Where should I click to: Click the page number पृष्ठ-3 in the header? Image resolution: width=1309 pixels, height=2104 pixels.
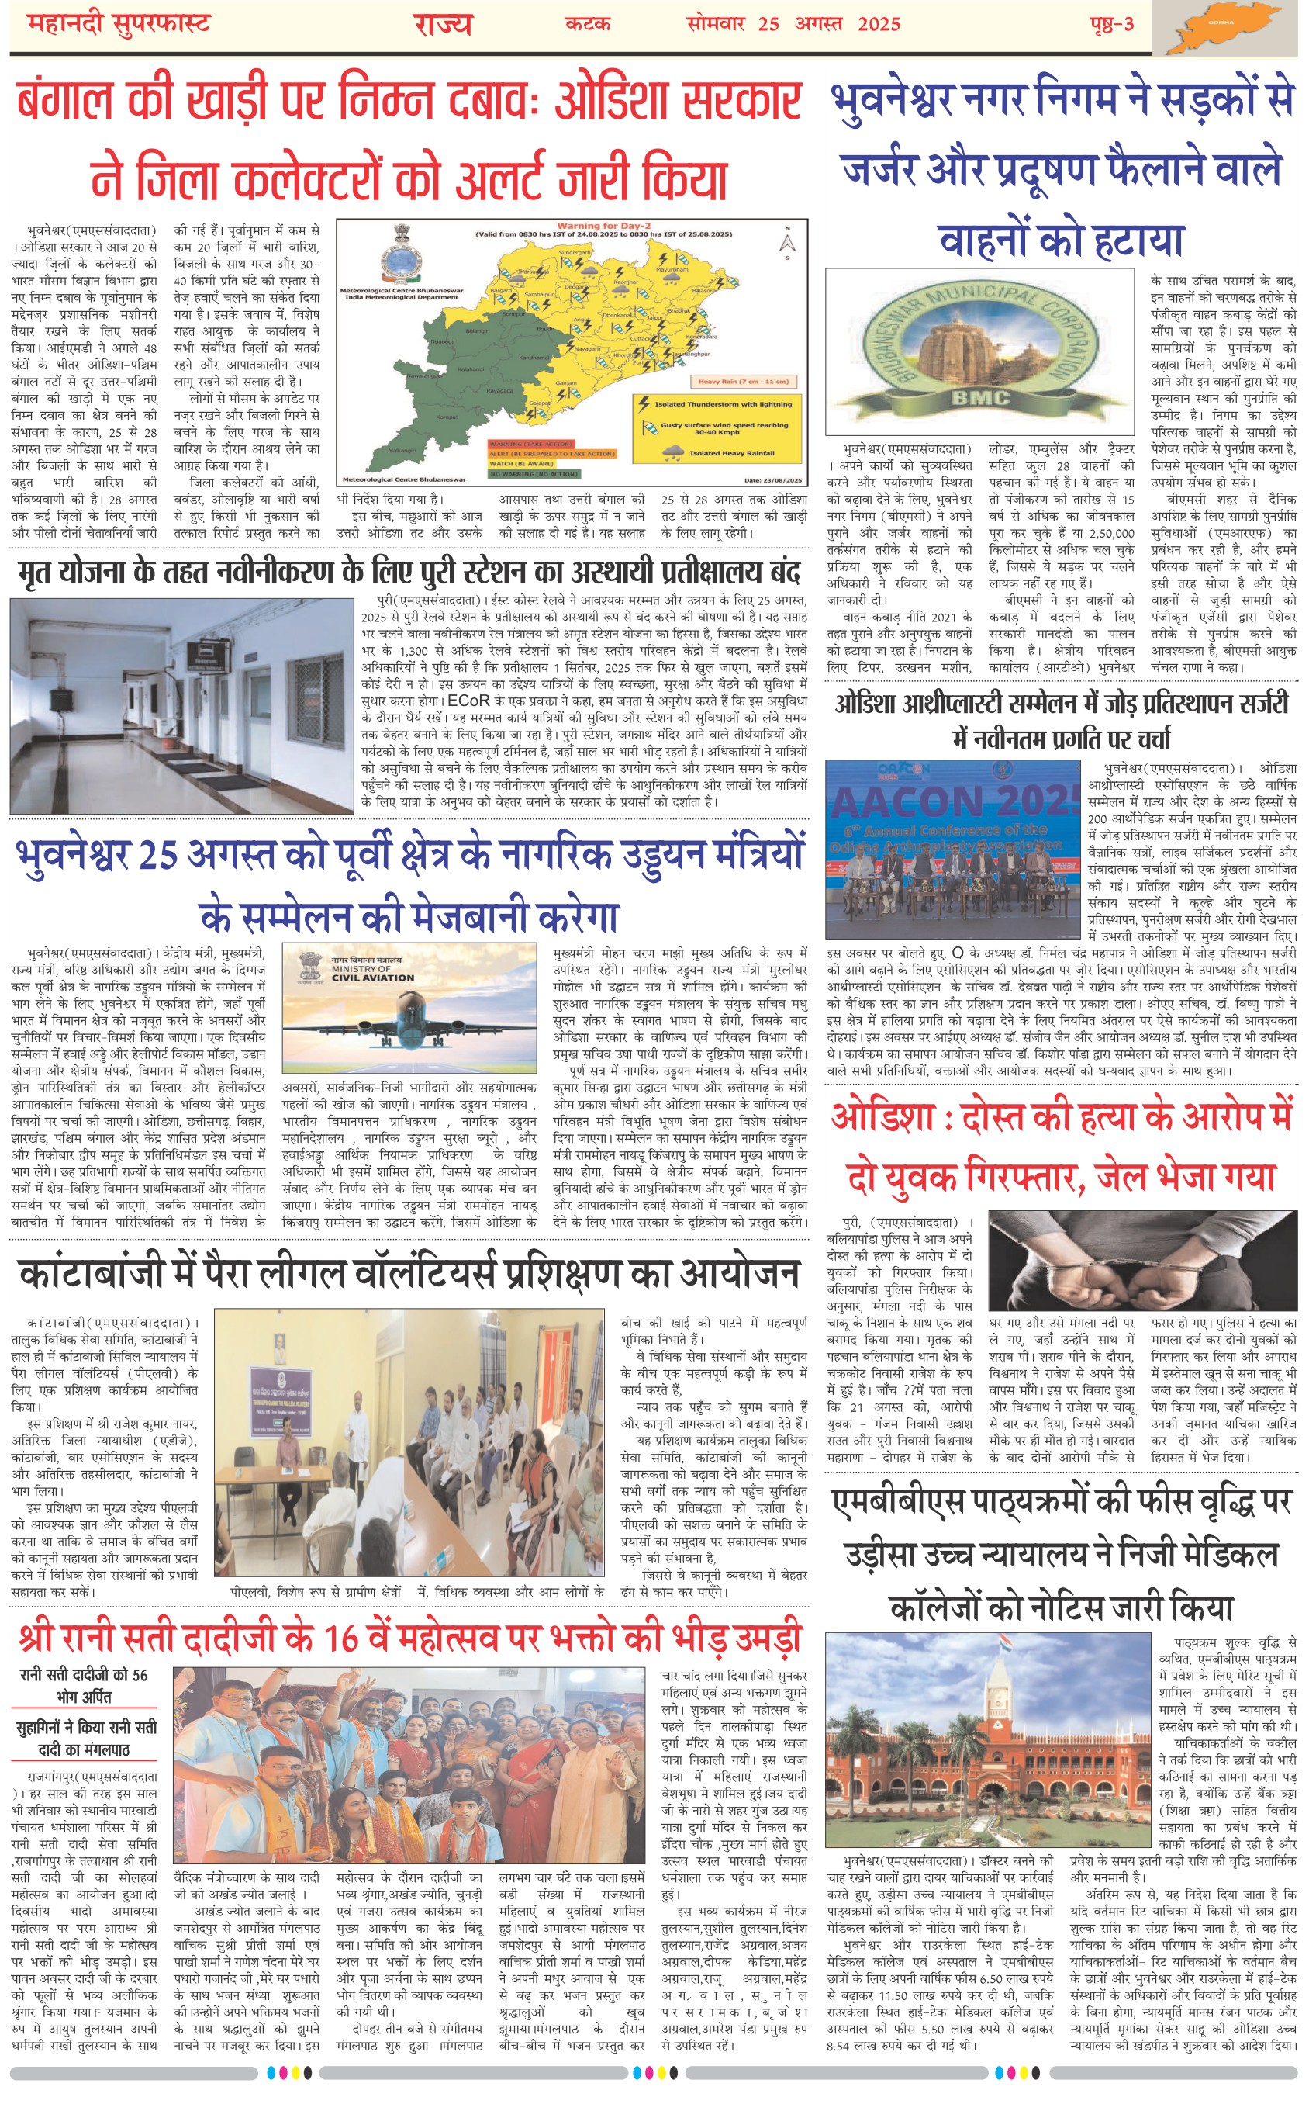click(1111, 24)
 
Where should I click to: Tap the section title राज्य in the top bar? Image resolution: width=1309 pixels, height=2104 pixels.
click(442, 24)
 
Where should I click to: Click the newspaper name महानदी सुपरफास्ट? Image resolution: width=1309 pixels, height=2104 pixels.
click(119, 24)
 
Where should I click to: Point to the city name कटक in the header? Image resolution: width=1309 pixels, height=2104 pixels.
click(588, 24)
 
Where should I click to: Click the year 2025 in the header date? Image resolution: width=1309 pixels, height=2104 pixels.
click(879, 24)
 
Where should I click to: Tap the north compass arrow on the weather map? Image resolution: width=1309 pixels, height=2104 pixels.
click(786, 244)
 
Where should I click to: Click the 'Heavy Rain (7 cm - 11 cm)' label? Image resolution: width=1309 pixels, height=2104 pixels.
click(743, 381)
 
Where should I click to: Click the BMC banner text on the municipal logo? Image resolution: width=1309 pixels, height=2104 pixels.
click(980, 398)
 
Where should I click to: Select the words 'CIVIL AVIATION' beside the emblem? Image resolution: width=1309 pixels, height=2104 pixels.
click(372, 978)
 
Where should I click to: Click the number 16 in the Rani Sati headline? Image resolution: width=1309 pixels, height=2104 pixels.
click(342, 1637)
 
